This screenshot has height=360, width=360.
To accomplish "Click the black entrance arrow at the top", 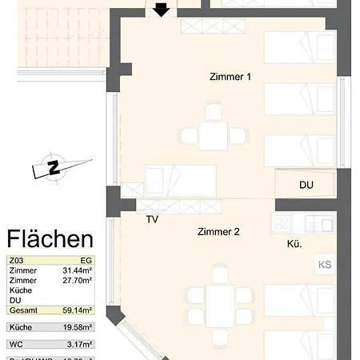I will (161, 9).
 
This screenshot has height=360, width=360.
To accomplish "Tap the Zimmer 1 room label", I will (226, 77).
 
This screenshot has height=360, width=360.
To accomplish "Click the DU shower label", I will (306, 185).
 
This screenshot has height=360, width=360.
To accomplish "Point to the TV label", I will (152, 220).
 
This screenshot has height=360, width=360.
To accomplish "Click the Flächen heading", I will (50, 238).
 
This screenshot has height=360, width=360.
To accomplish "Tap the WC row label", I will (15, 344).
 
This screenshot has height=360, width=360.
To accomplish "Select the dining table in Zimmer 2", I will (215, 303).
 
